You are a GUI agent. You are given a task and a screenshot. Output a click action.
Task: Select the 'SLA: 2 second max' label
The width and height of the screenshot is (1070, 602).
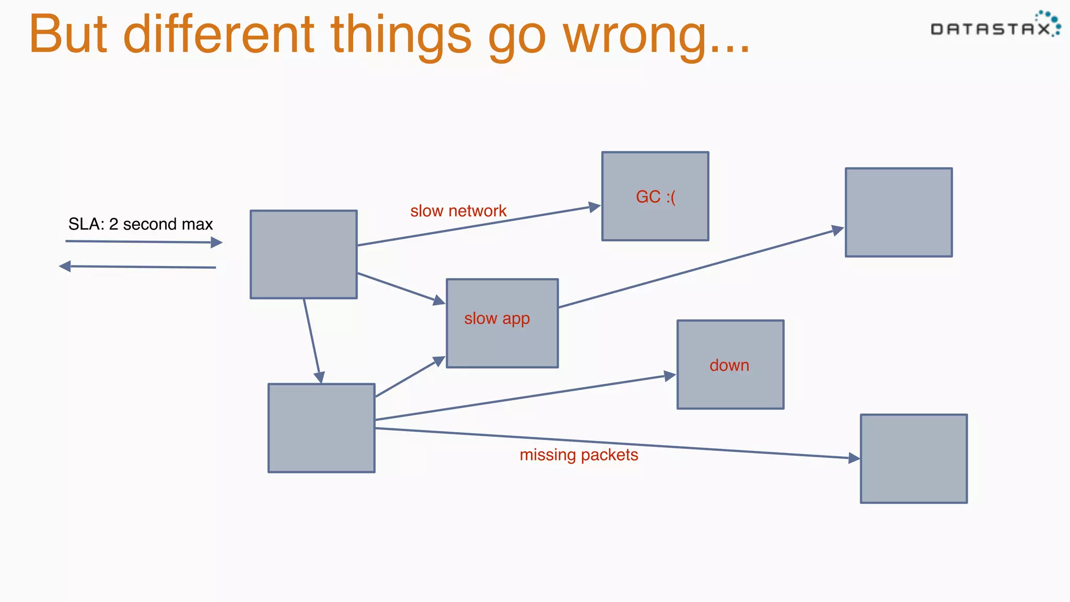(x=141, y=224)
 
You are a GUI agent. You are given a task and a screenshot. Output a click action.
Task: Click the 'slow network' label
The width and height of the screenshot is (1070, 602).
(x=458, y=211)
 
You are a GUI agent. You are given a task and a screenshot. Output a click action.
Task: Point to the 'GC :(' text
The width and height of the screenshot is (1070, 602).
(x=655, y=197)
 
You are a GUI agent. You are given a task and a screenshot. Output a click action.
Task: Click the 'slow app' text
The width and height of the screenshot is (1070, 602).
(x=497, y=318)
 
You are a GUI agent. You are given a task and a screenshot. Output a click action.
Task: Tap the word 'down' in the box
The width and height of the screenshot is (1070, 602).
(x=729, y=365)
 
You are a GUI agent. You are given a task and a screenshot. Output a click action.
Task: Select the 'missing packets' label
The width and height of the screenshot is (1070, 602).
(x=579, y=455)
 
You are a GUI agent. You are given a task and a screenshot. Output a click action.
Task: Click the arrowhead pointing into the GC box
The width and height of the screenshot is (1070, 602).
(x=595, y=207)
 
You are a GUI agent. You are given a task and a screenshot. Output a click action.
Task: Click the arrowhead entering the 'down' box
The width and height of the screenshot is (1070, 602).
(x=670, y=376)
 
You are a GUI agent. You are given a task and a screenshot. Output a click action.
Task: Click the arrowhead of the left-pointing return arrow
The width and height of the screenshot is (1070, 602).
(x=65, y=267)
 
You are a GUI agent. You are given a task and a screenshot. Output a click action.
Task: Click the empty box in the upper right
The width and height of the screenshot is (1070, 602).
(x=899, y=212)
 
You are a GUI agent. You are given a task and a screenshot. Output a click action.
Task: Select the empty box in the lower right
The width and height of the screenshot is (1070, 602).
(x=914, y=459)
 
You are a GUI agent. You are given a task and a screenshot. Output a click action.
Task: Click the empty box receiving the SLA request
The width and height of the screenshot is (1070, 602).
(x=304, y=254)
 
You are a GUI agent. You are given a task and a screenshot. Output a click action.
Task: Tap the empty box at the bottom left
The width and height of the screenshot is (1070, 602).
(x=321, y=428)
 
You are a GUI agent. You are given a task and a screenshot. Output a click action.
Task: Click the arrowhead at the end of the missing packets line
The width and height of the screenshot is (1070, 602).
(x=854, y=458)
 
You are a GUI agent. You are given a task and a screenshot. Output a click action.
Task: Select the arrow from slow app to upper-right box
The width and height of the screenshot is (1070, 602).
(x=700, y=268)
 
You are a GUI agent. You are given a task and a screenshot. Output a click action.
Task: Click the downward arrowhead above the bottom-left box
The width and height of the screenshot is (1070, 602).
(x=319, y=377)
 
